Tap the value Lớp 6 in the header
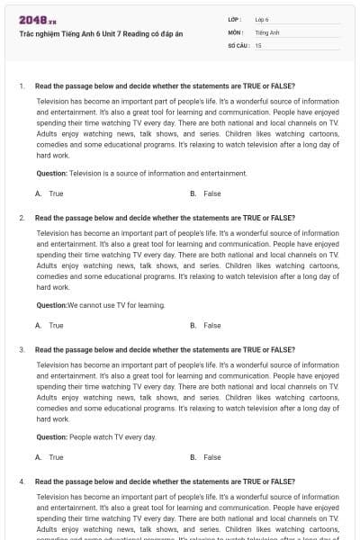(x=262, y=19)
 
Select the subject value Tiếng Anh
(x=267, y=31)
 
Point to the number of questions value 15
(x=258, y=44)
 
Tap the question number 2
(x=21, y=218)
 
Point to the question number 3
(x=21, y=349)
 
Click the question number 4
(x=21, y=481)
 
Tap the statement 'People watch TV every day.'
(x=112, y=436)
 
